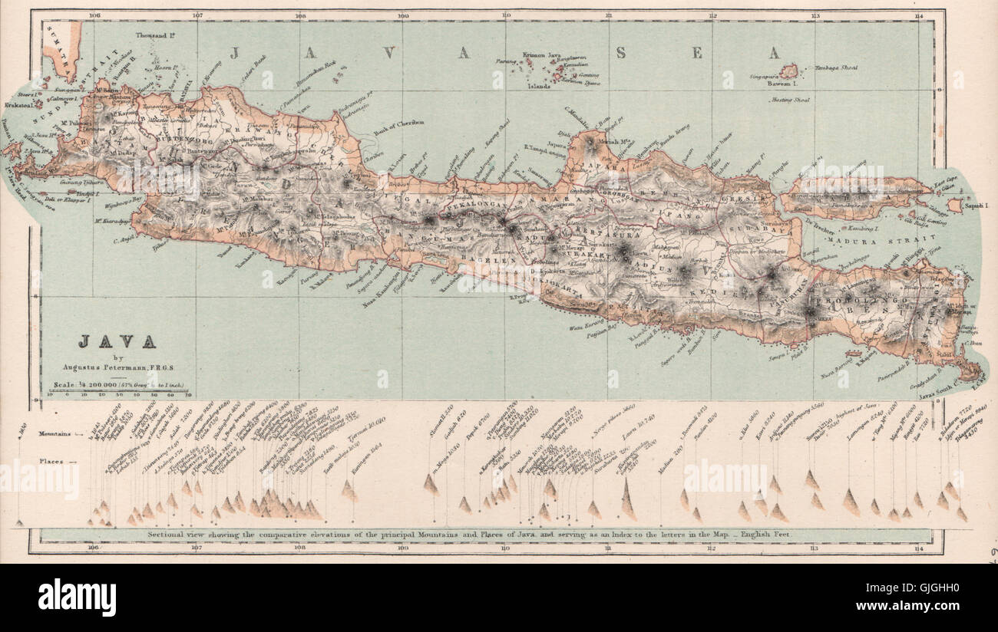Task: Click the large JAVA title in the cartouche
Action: pyautogui.click(x=117, y=341)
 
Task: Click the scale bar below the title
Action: pyautogui.click(x=119, y=393)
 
